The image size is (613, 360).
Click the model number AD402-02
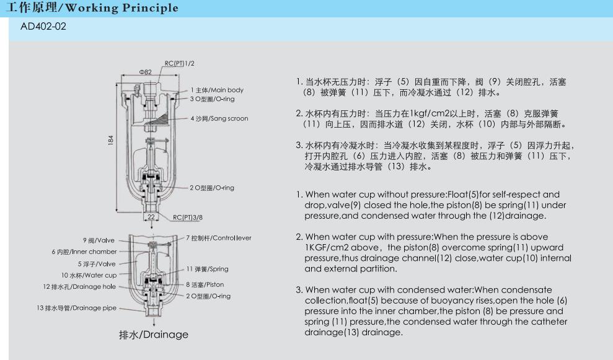click(43, 27)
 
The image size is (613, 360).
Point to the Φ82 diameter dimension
click(145, 72)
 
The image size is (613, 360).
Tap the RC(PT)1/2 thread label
click(180, 63)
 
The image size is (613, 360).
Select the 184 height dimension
click(110, 141)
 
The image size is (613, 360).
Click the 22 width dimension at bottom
click(151, 216)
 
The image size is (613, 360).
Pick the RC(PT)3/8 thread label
click(188, 217)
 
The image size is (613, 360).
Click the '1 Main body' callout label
click(217, 90)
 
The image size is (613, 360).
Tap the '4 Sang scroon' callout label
click(219, 118)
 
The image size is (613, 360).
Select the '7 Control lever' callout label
click(219, 238)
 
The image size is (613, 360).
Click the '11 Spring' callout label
click(207, 269)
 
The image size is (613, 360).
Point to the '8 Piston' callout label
click(205, 284)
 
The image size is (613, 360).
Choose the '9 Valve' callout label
click(99, 240)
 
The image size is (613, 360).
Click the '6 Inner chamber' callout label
click(84, 252)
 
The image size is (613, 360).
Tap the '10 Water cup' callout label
click(89, 275)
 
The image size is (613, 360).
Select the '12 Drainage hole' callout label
click(79, 286)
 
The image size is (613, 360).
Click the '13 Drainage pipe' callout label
click(77, 308)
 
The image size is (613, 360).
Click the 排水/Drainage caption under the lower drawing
click(154, 335)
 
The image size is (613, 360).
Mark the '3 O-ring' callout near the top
click(212, 99)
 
